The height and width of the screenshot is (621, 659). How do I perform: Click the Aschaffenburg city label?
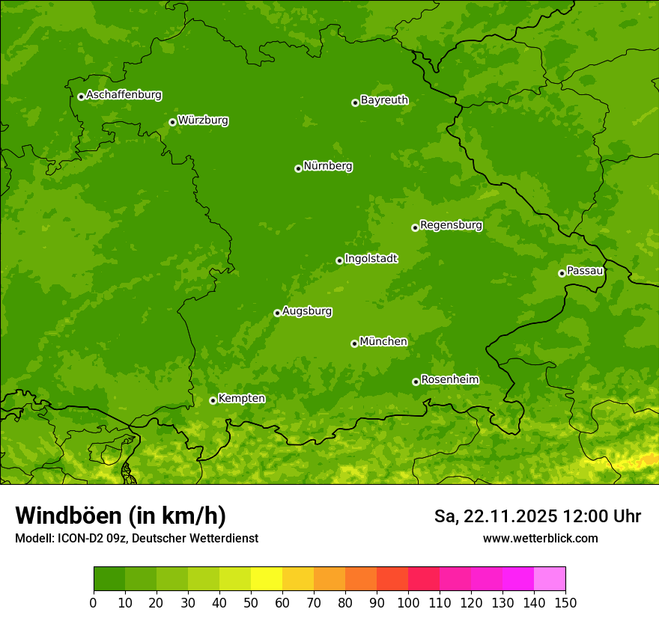pyautogui.click(x=124, y=95)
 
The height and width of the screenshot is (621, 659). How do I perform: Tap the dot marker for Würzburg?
pyautogui.click(x=172, y=122)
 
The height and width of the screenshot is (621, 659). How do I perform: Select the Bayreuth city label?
pyautogui.click(x=384, y=100)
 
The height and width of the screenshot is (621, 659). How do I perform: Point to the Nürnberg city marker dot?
pyautogui.click(x=298, y=168)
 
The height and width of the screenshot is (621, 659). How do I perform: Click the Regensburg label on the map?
pyautogui.click(x=451, y=225)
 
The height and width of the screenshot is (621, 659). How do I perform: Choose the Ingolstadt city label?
pyautogui.click(x=371, y=259)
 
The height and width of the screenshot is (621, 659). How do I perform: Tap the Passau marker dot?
pyautogui.click(x=562, y=273)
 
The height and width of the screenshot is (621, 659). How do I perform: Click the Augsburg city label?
pyautogui.click(x=307, y=311)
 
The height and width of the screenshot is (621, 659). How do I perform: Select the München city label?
pyautogui.click(x=383, y=342)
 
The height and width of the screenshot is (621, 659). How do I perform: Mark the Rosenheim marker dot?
pyautogui.click(x=416, y=382)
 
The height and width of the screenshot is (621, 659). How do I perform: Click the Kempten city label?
pyautogui.click(x=241, y=399)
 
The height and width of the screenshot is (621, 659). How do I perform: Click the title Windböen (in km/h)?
pyautogui.click(x=121, y=516)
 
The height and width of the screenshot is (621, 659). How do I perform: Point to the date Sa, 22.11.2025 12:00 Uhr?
pyautogui.click(x=537, y=516)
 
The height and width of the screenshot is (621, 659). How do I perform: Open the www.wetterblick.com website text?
pyautogui.click(x=540, y=538)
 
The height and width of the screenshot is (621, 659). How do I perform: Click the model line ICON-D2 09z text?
pyautogui.click(x=136, y=538)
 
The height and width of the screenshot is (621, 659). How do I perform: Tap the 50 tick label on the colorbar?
pyautogui.click(x=250, y=602)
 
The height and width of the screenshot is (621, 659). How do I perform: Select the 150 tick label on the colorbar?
pyautogui.click(x=565, y=602)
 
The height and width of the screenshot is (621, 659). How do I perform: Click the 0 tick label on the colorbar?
pyautogui.click(x=94, y=602)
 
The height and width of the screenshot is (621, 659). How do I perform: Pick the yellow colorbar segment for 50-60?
pyautogui.click(x=267, y=579)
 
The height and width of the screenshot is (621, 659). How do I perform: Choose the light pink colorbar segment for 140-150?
pyautogui.click(x=550, y=579)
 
